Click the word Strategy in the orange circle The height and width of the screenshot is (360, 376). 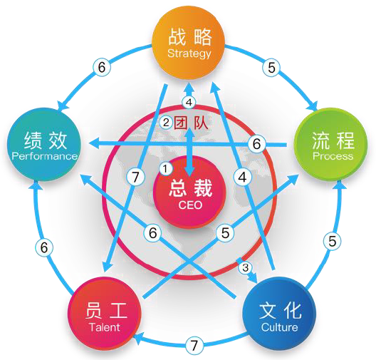pyautogui.click(x=189, y=53)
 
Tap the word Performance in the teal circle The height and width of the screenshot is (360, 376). pyautogui.click(x=45, y=156)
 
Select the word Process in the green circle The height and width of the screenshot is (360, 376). pyautogui.click(x=333, y=156)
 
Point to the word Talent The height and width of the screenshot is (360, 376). pyautogui.click(x=105, y=327)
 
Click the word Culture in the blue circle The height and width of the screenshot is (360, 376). pyautogui.click(x=279, y=327)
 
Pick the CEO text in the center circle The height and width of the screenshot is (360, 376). pyautogui.click(x=190, y=205)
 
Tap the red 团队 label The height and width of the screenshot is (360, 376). pyautogui.click(x=191, y=123)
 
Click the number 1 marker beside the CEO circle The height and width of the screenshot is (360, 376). pyautogui.click(x=165, y=169)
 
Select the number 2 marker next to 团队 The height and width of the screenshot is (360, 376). pyautogui.click(x=166, y=123)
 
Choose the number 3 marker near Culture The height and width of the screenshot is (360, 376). pyautogui.click(x=245, y=267)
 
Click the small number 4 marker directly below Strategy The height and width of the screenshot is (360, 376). pyautogui.click(x=189, y=103)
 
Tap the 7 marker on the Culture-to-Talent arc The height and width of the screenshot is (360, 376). pyautogui.click(x=194, y=345)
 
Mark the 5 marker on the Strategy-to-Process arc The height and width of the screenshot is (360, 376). pyautogui.click(x=271, y=68)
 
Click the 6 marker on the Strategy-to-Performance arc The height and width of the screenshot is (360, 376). pyautogui.click(x=102, y=67)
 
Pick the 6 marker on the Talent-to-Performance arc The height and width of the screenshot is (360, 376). pyautogui.click(x=44, y=247)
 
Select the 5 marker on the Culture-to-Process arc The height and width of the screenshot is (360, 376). pyautogui.click(x=332, y=241)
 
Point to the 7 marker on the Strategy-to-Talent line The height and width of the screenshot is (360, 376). pyautogui.click(x=136, y=177)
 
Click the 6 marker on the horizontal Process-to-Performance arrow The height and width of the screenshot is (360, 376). pyautogui.click(x=256, y=144)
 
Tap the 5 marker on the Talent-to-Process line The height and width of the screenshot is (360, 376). pyautogui.click(x=225, y=232)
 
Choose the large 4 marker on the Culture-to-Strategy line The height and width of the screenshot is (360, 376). pyautogui.click(x=242, y=178)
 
